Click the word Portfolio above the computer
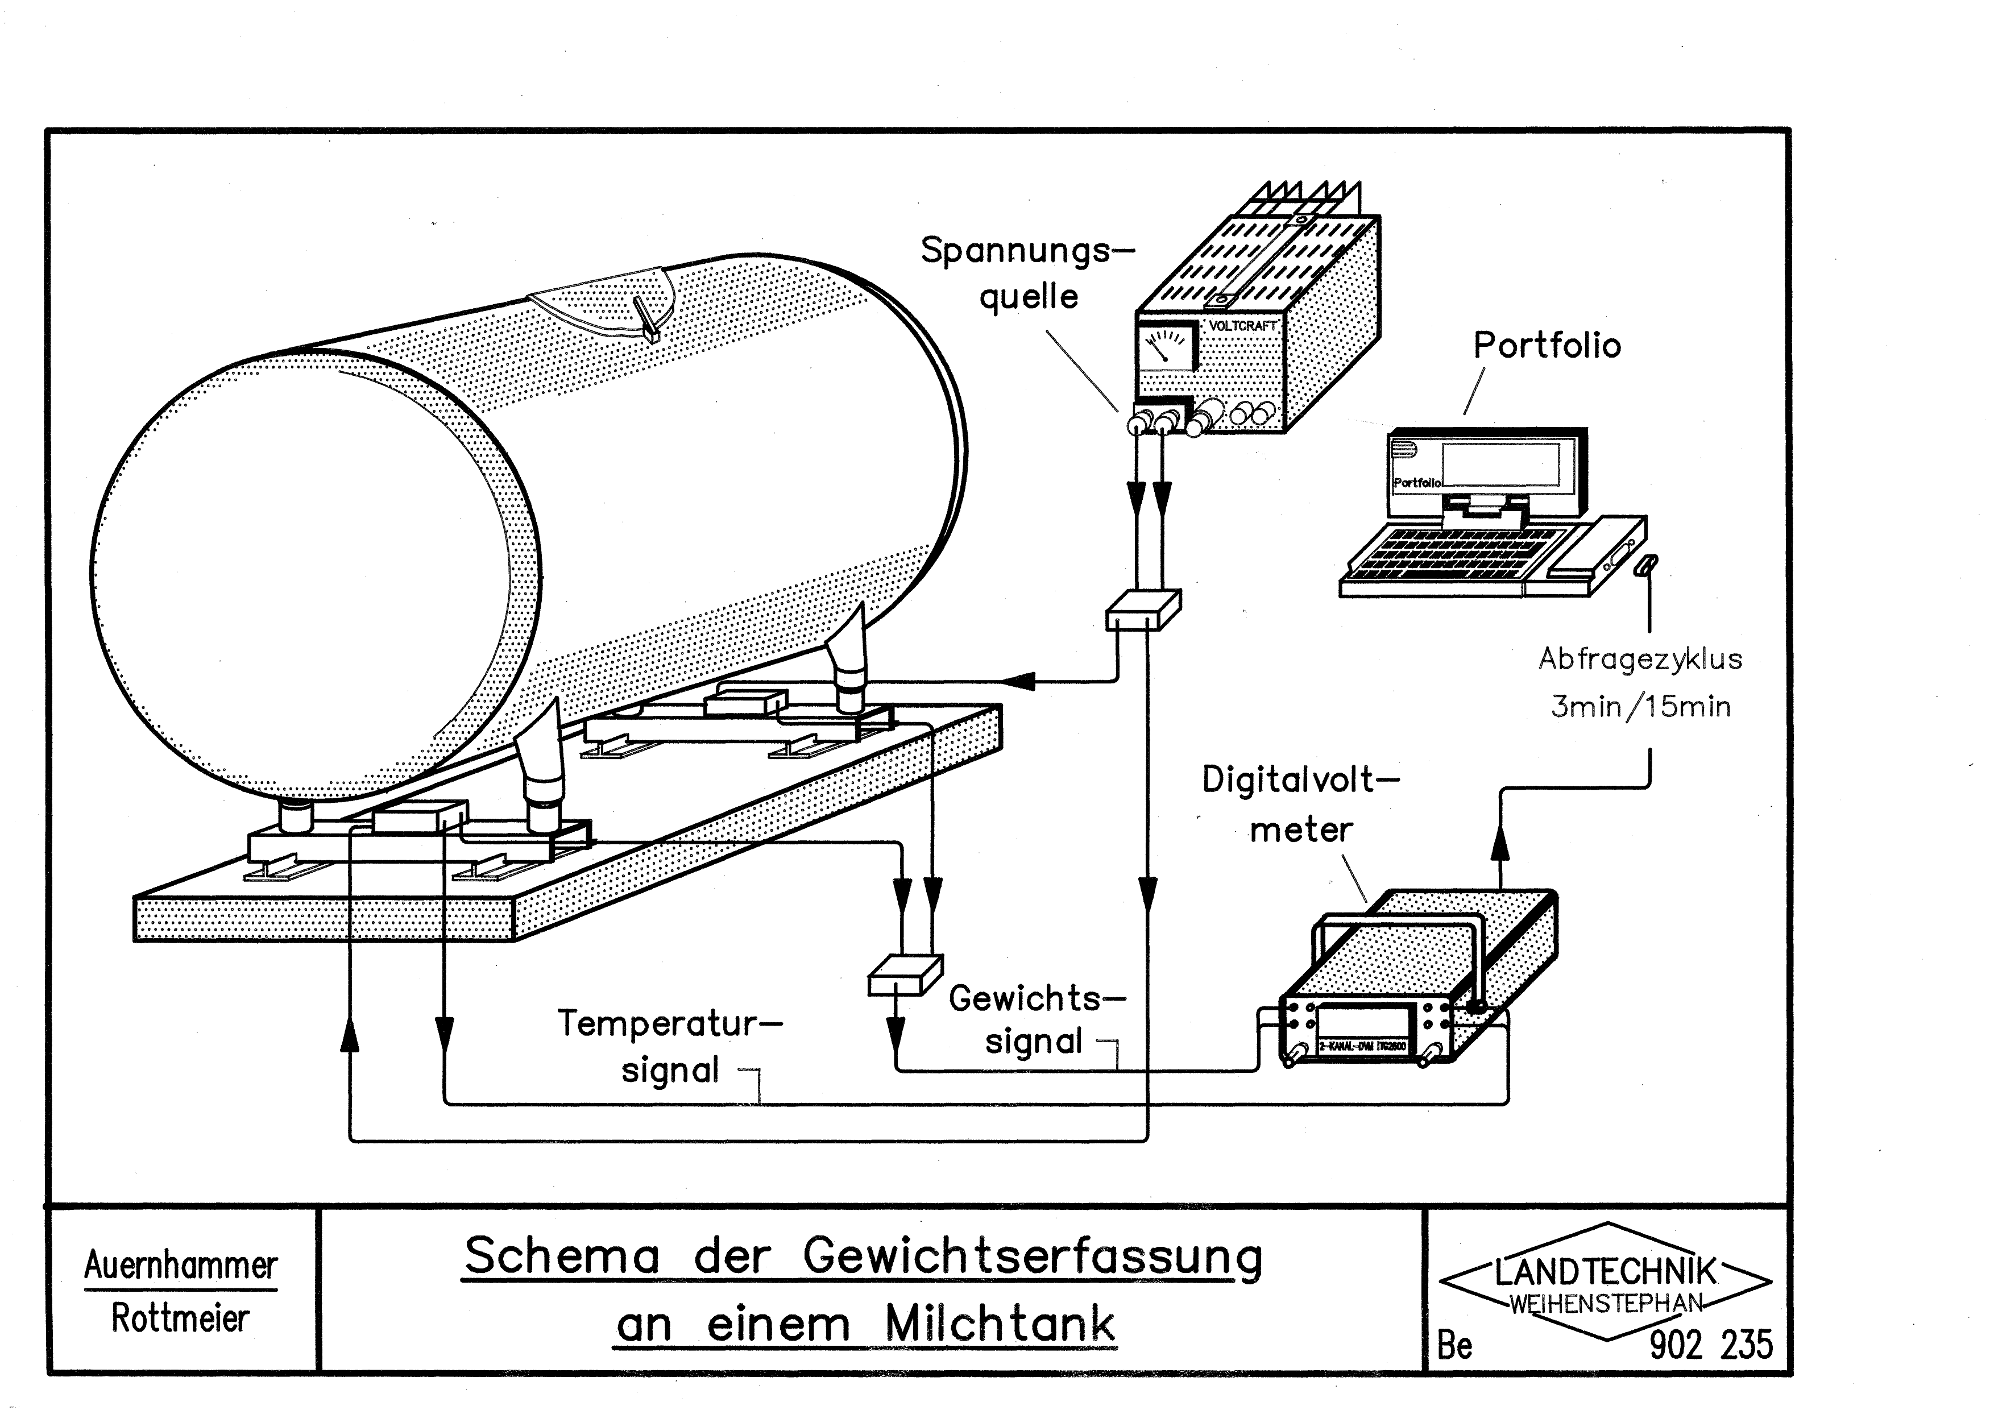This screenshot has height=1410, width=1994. (1547, 346)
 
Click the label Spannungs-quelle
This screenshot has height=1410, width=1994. (1028, 273)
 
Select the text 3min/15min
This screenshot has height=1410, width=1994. (1640, 707)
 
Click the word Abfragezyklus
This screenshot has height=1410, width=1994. (1640, 659)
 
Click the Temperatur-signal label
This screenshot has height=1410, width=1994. (669, 1046)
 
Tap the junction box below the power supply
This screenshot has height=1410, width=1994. (1143, 609)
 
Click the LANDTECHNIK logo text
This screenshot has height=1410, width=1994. (1605, 1272)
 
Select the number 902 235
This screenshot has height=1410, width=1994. (1710, 1345)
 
